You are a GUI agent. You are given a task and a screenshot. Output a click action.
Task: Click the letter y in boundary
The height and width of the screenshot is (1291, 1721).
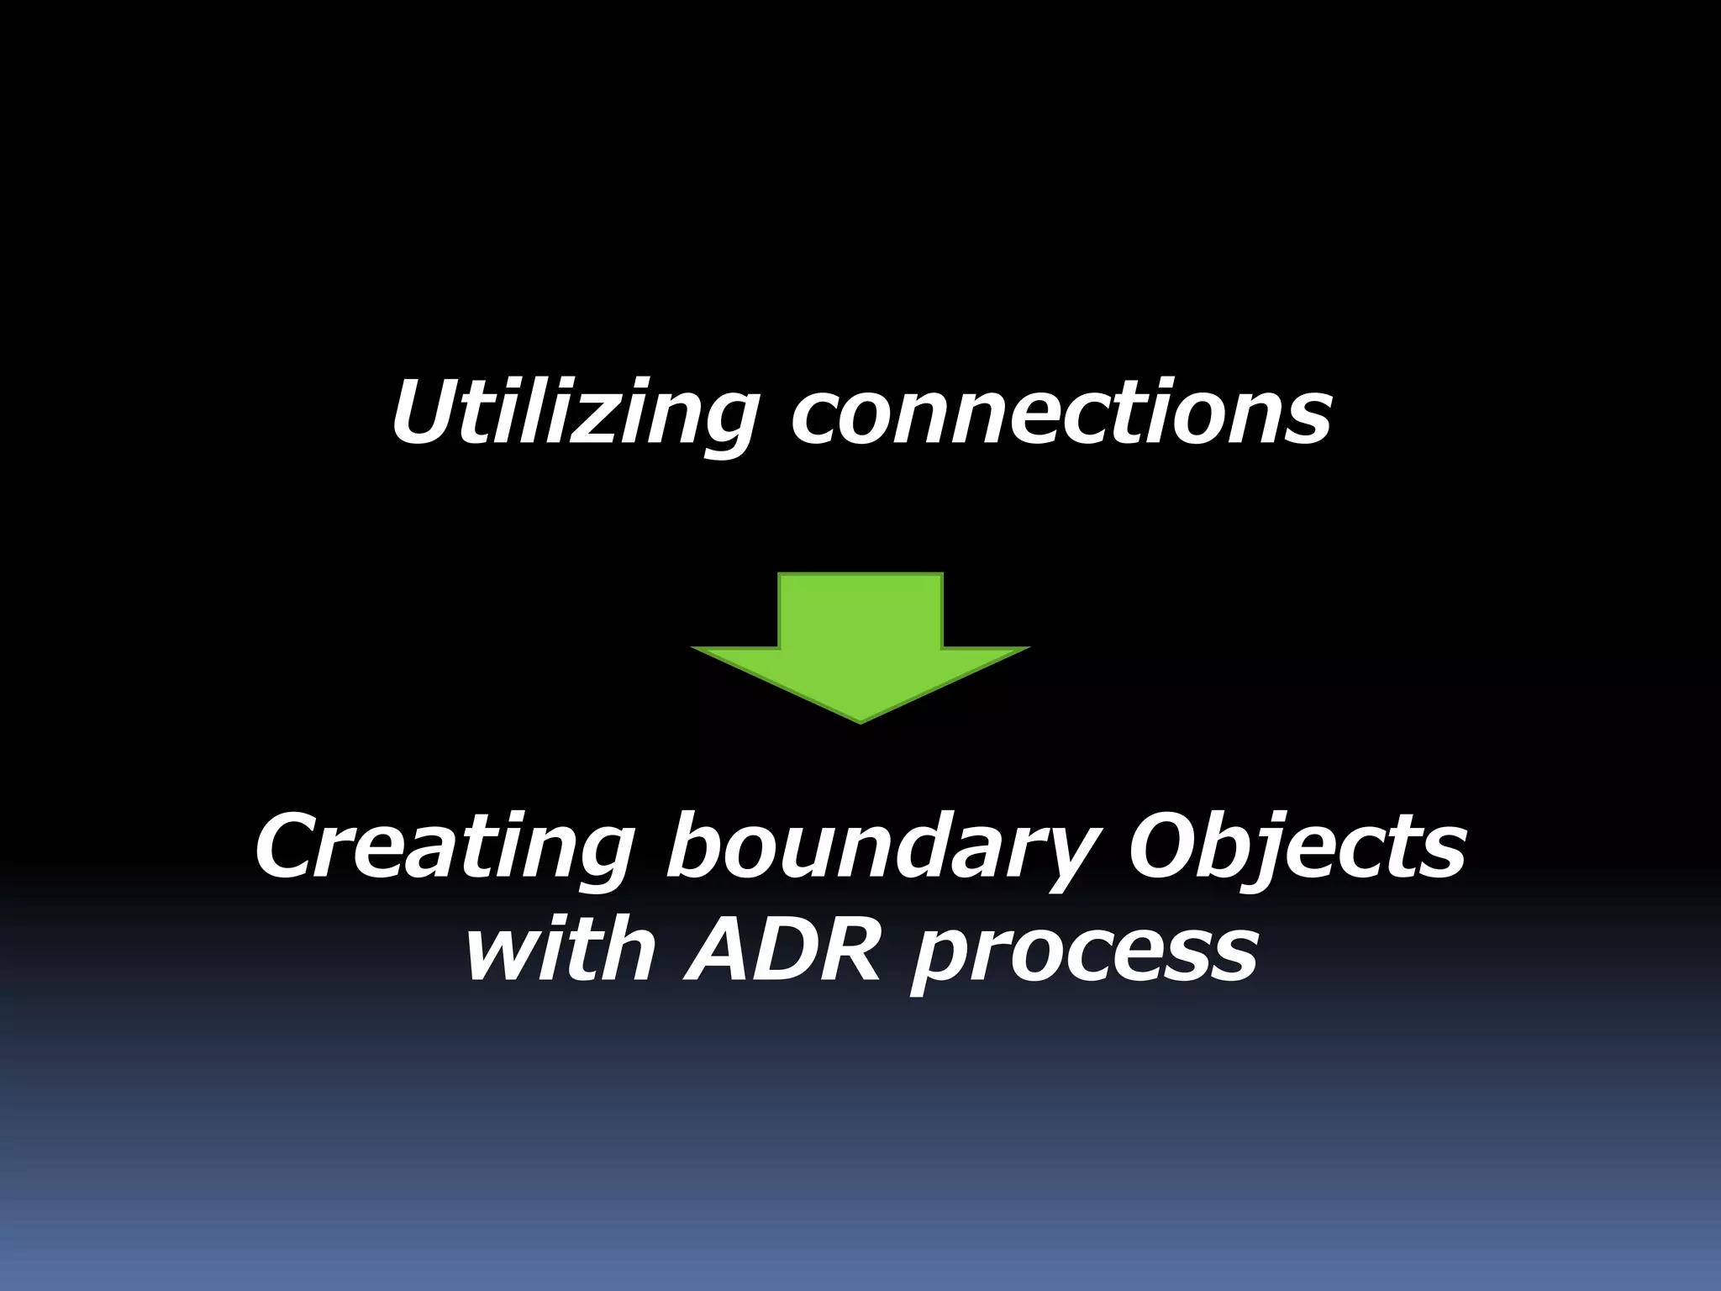click(x=1063, y=862)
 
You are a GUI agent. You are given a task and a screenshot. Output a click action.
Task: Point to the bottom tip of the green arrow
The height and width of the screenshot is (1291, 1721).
click(x=860, y=720)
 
